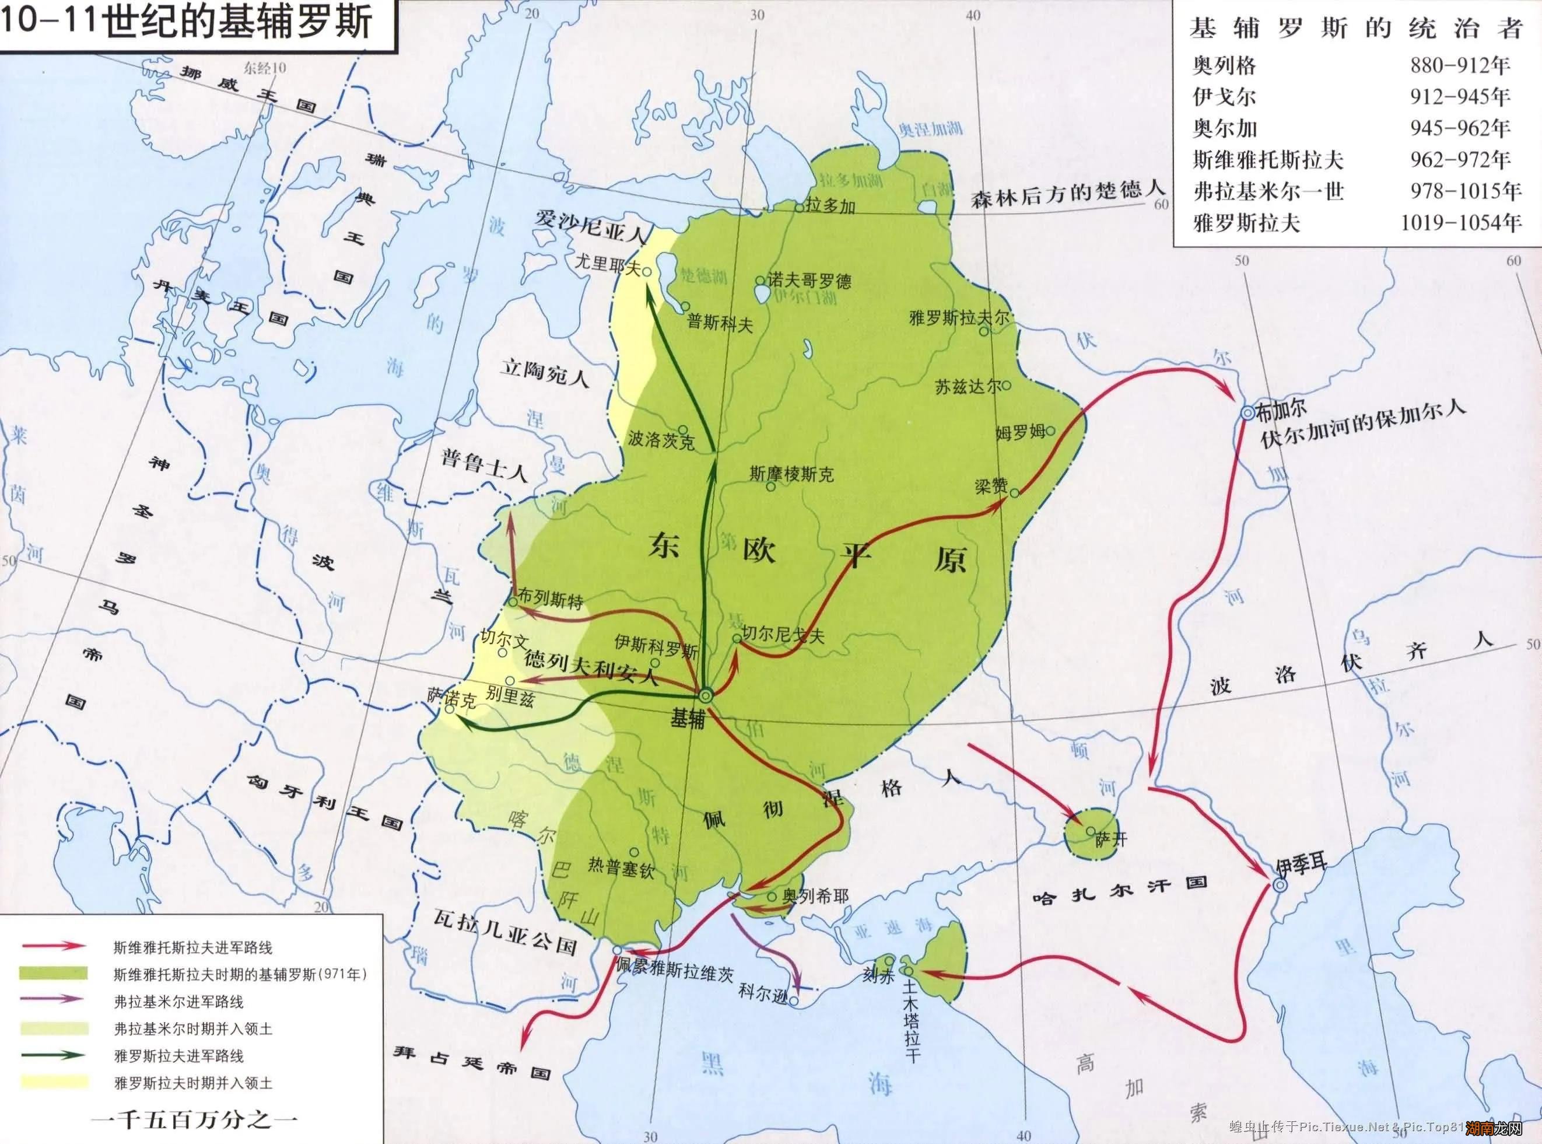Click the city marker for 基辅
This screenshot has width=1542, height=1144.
(x=705, y=695)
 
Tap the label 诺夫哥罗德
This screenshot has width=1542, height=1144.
(x=809, y=281)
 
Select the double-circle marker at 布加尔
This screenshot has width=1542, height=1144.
(x=1247, y=412)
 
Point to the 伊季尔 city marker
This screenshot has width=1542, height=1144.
(x=1280, y=885)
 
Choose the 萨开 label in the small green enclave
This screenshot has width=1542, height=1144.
(x=1112, y=839)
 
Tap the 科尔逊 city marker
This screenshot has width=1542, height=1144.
(x=794, y=1000)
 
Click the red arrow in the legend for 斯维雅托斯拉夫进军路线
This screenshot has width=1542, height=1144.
(x=54, y=946)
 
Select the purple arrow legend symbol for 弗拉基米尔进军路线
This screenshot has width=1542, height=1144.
(x=54, y=999)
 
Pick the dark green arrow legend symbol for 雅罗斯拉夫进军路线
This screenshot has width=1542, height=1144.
(x=54, y=1055)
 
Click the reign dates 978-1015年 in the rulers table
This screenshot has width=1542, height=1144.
(x=1465, y=191)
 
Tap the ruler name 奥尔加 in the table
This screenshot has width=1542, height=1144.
(x=1224, y=128)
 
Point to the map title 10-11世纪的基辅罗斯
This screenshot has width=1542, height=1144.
(x=187, y=21)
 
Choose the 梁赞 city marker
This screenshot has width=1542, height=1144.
(x=1015, y=493)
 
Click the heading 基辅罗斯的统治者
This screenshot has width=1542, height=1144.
(x=1357, y=29)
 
